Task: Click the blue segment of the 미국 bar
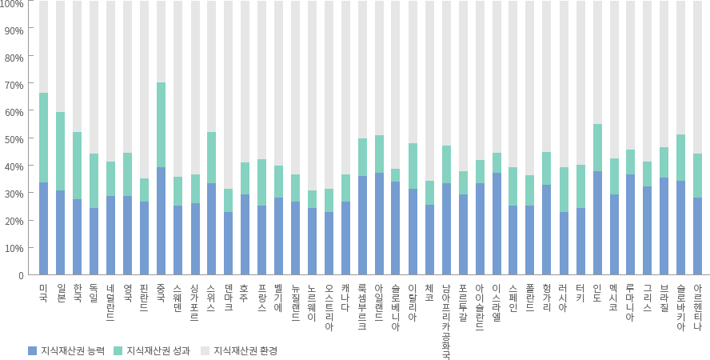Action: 43,229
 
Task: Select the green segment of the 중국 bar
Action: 161,125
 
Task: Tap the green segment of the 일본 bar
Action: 60,151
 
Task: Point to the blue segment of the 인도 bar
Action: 596,223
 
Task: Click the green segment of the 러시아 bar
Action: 563,190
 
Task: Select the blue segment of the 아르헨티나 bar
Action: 697,237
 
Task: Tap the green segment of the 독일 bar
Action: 94,181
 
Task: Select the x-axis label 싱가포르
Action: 194,302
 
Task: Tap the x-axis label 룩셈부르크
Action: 362,307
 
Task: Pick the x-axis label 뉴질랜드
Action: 295,302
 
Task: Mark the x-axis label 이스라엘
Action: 497,302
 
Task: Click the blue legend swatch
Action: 32,350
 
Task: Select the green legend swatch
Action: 118,350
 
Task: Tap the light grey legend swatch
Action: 204,350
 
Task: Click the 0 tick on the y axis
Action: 21,276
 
